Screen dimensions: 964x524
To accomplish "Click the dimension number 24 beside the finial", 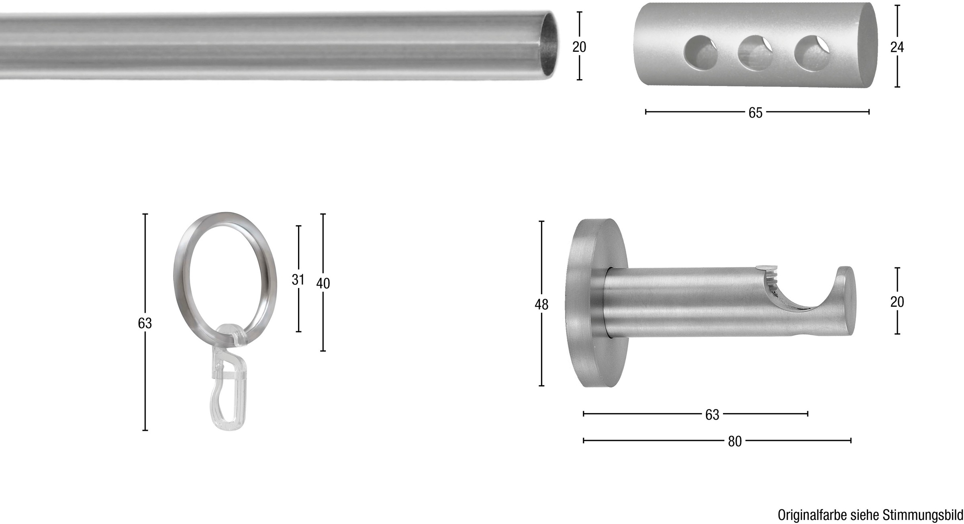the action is [897, 47].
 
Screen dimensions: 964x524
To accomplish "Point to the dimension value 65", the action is [755, 113].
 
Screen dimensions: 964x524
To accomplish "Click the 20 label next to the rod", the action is [579, 47].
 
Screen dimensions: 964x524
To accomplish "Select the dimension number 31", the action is [298, 279].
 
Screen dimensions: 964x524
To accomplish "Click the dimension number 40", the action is [323, 283].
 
